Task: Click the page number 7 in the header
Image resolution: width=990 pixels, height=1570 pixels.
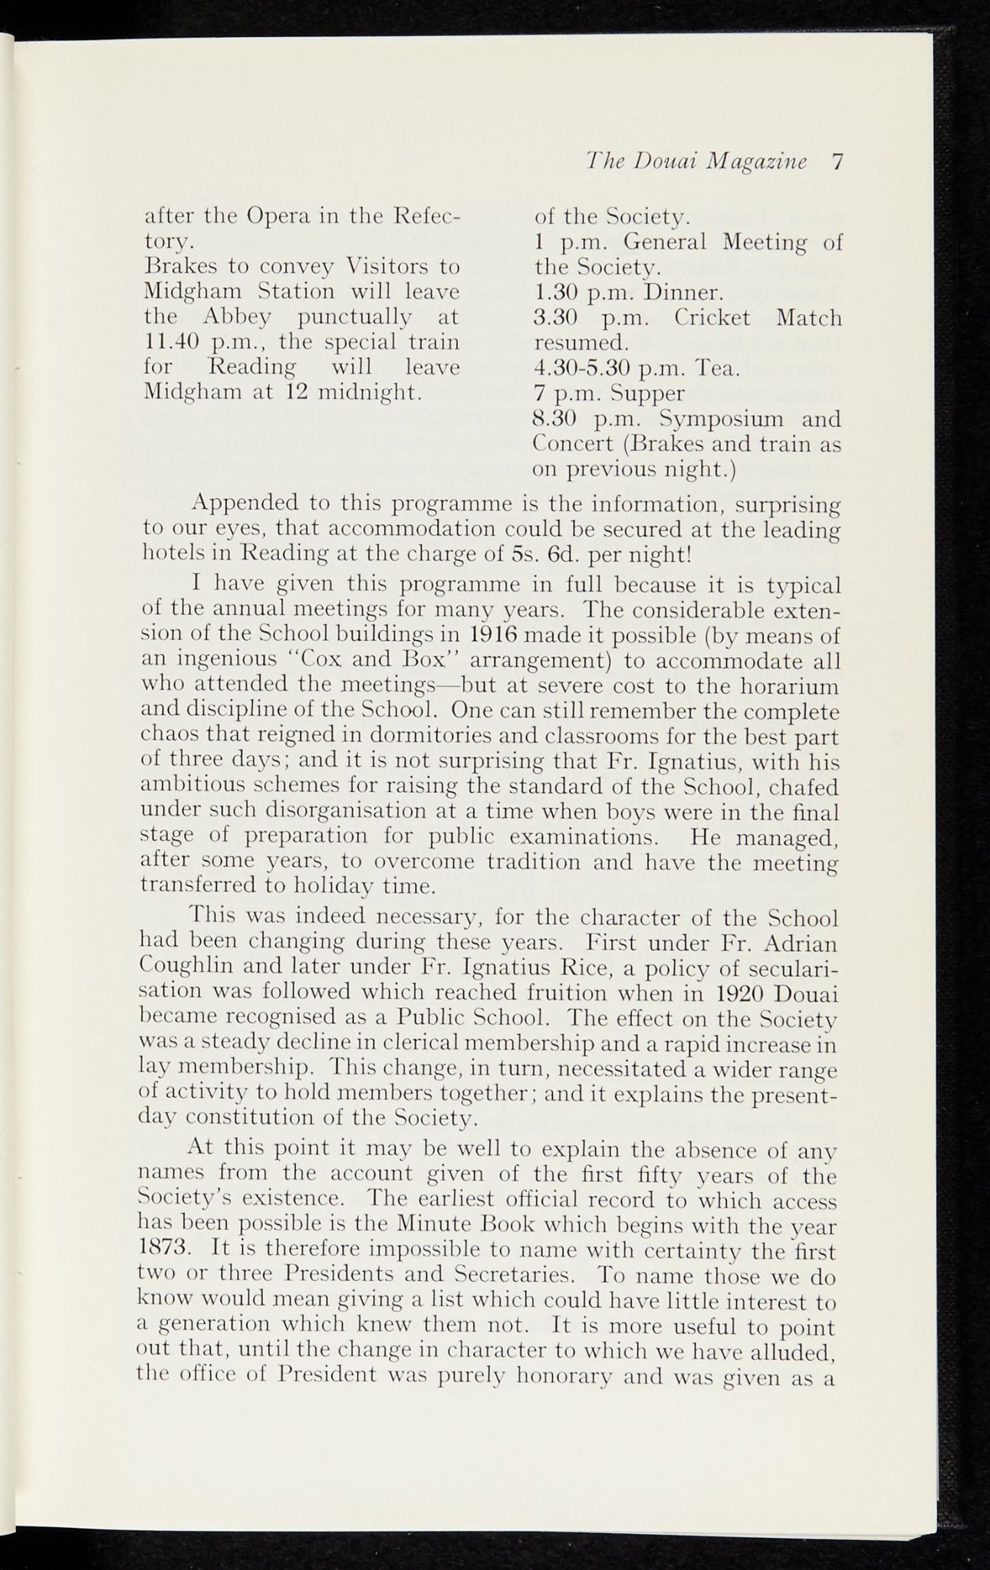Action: coord(837,162)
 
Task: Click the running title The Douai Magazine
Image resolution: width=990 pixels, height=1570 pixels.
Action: coord(696,162)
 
